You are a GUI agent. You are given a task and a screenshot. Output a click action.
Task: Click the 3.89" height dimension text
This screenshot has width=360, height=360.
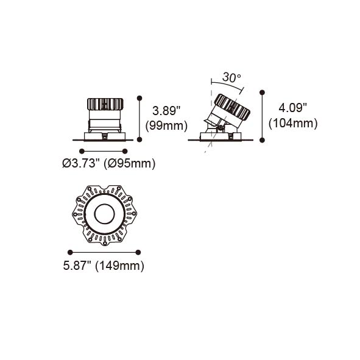click(x=166, y=111)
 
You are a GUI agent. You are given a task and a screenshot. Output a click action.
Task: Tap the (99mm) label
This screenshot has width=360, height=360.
click(x=166, y=126)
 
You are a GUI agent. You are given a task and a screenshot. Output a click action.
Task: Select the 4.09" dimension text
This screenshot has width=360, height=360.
click(x=292, y=107)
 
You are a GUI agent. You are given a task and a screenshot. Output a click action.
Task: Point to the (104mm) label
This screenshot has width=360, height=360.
click(x=293, y=123)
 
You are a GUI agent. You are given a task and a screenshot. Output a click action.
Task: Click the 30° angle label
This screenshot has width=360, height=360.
click(x=231, y=77)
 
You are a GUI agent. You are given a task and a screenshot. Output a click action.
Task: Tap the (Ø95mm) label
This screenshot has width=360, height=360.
click(x=130, y=164)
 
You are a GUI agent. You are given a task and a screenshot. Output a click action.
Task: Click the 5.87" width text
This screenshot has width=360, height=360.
click(x=77, y=266)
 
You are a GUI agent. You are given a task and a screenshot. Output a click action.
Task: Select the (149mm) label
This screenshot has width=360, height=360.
click(x=119, y=266)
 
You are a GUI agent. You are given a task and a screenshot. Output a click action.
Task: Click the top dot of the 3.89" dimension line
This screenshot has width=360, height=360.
click(x=139, y=98)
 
